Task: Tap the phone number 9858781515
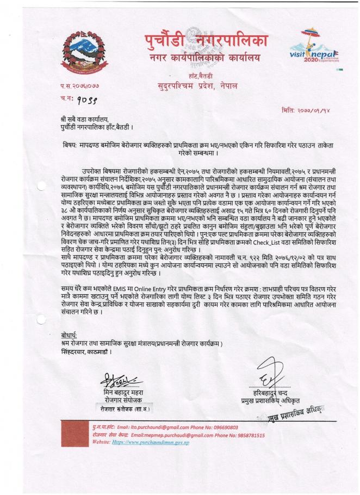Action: (247, 435)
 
